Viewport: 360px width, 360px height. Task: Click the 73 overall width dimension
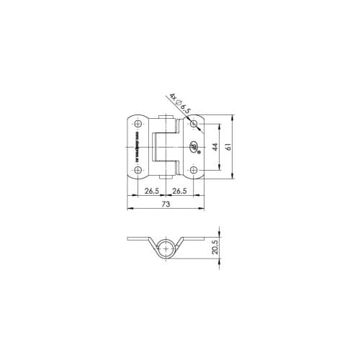click(166, 204)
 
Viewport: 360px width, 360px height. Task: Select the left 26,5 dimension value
click(151, 191)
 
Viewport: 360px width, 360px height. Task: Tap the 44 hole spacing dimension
click(215, 147)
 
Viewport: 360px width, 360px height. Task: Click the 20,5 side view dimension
click(215, 248)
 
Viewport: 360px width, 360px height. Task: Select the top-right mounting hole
click(194, 124)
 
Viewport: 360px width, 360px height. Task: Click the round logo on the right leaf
click(193, 149)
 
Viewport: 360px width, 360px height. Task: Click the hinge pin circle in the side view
click(166, 248)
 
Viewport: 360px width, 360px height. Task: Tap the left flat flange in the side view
click(138, 238)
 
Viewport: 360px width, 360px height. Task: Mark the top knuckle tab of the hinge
click(166, 120)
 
